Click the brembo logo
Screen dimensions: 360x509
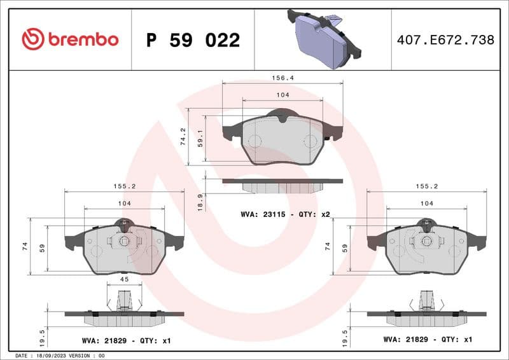tap(70, 39)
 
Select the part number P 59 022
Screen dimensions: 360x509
tap(193, 40)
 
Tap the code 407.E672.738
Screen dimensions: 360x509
tap(445, 39)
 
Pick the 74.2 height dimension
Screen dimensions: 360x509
tap(183, 136)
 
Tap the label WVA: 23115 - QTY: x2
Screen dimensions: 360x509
tap(285, 214)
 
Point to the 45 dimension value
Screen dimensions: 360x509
tap(125, 279)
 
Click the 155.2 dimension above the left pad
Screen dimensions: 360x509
tap(124, 186)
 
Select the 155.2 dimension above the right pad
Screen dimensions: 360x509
tap(426, 186)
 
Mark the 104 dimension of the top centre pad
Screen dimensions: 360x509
tap(282, 95)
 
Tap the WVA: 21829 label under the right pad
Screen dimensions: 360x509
tap(428, 340)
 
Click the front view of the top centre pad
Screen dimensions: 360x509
tap(282, 139)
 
